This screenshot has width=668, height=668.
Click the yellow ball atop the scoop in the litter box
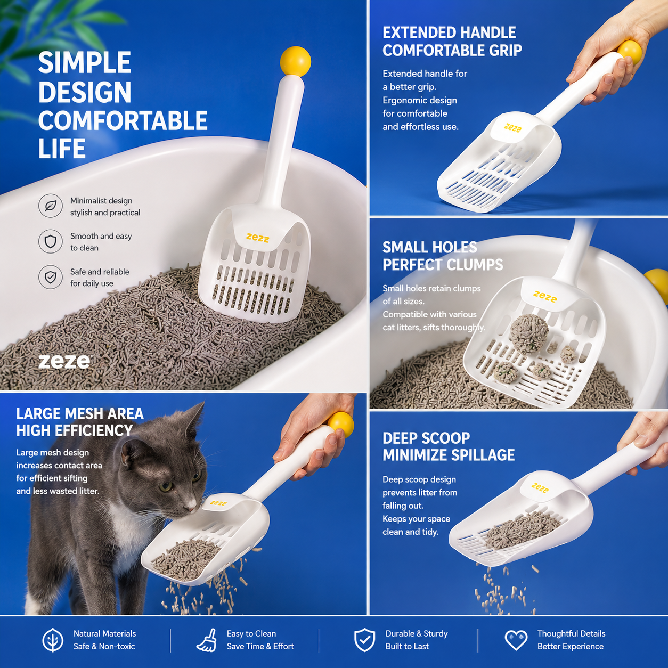coord(295,61)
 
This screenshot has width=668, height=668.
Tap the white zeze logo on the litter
coord(64,362)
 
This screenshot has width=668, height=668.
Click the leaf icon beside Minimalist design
coord(51,206)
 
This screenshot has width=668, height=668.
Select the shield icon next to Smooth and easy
coord(51,241)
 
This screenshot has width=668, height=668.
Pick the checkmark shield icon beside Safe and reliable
coord(51,277)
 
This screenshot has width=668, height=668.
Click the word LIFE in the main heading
coord(62,149)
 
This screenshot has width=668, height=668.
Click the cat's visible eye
coord(167,486)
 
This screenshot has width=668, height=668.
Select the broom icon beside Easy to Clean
coord(207,640)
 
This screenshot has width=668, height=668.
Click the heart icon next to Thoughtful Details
coord(516,640)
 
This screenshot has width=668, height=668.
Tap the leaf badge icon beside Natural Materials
coord(53,640)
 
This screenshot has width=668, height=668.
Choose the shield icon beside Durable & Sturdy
coord(364,640)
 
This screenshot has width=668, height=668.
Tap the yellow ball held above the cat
coord(341,425)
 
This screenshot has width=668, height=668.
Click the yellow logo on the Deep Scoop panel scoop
coord(540,487)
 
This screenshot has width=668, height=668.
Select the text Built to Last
coord(407,647)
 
